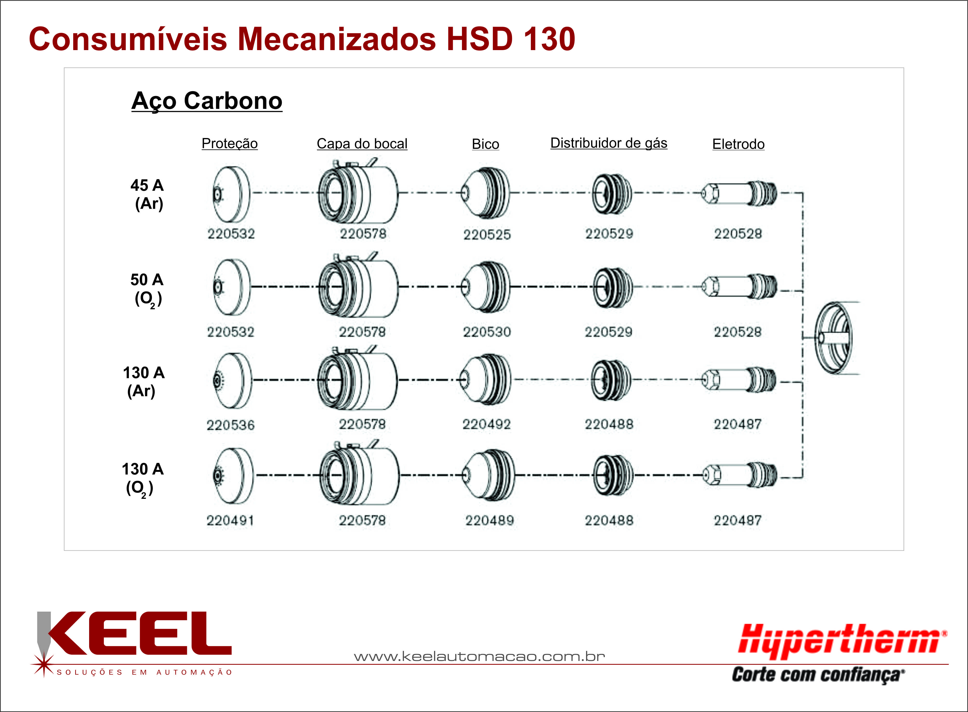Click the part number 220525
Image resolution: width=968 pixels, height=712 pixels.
coord(487,234)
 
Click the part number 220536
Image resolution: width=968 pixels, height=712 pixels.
coord(230,425)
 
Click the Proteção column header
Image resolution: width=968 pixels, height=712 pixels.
coord(230,144)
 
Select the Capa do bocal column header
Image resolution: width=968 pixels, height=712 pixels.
coord(362,144)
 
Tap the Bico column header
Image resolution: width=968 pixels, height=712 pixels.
coord(486,144)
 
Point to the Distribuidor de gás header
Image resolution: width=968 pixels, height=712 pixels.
coord(609,143)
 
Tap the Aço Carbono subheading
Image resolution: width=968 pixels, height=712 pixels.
coord(207,101)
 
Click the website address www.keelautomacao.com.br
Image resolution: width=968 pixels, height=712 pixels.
coord(479,656)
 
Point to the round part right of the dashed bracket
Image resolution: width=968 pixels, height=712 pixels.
coord(834,338)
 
